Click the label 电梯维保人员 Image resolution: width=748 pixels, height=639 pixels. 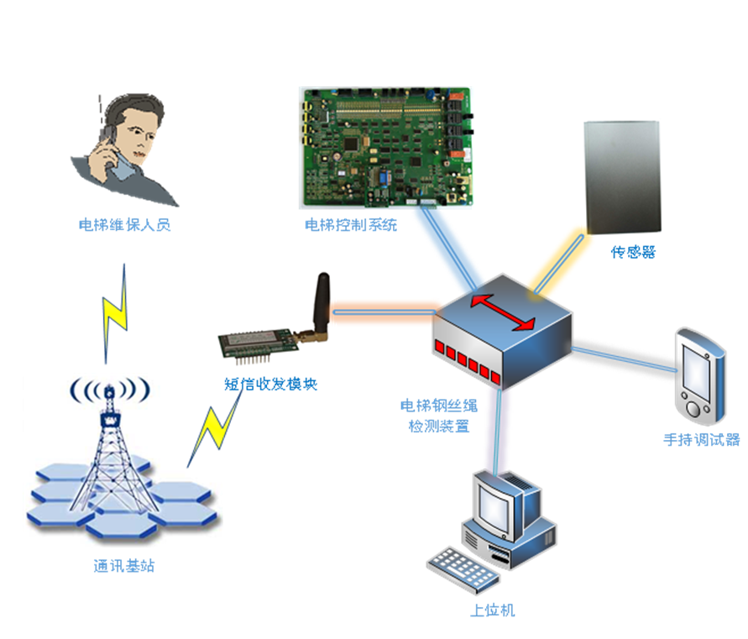124,225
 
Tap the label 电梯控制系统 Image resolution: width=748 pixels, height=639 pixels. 351,225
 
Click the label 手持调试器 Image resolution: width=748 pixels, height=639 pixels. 702,439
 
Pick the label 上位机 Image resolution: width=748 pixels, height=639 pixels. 494,610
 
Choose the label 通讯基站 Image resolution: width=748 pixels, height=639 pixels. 124,565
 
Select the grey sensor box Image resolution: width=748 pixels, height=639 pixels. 623,177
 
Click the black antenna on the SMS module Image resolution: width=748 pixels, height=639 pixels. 321,302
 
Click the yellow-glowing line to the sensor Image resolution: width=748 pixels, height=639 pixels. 557,263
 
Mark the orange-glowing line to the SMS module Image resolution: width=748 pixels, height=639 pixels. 382,312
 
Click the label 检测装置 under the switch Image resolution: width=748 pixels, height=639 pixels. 438,426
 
